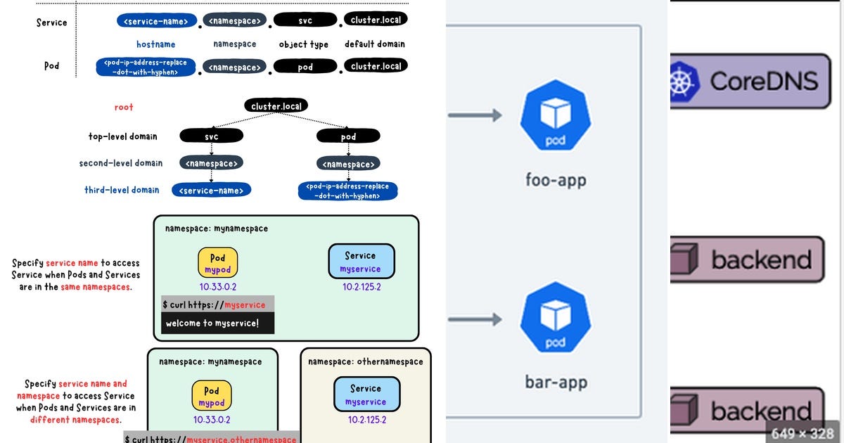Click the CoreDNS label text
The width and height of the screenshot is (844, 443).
(764, 81)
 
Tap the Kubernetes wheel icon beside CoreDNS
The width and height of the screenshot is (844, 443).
(681, 81)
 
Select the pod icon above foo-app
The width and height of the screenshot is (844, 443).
(555, 116)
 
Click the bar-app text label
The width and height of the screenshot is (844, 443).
(556, 383)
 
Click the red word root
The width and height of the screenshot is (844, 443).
(124, 108)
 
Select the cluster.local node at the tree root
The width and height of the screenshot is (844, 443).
(276, 106)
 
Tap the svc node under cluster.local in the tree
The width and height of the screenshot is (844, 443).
(211, 136)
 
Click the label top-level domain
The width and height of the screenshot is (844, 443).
(122, 136)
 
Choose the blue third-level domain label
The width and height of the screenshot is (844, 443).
(122, 190)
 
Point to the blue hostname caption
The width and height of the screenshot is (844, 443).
(155, 44)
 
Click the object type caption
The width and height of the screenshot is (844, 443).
(303, 44)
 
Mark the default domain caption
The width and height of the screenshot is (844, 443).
(374, 44)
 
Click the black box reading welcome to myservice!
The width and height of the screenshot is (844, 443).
(217, 323)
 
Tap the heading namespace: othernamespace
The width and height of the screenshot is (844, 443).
(366, 361)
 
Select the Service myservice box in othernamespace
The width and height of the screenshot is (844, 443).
(366, 394)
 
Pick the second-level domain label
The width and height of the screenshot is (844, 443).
(120, 163)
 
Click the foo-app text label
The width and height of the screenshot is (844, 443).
(556, 180)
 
